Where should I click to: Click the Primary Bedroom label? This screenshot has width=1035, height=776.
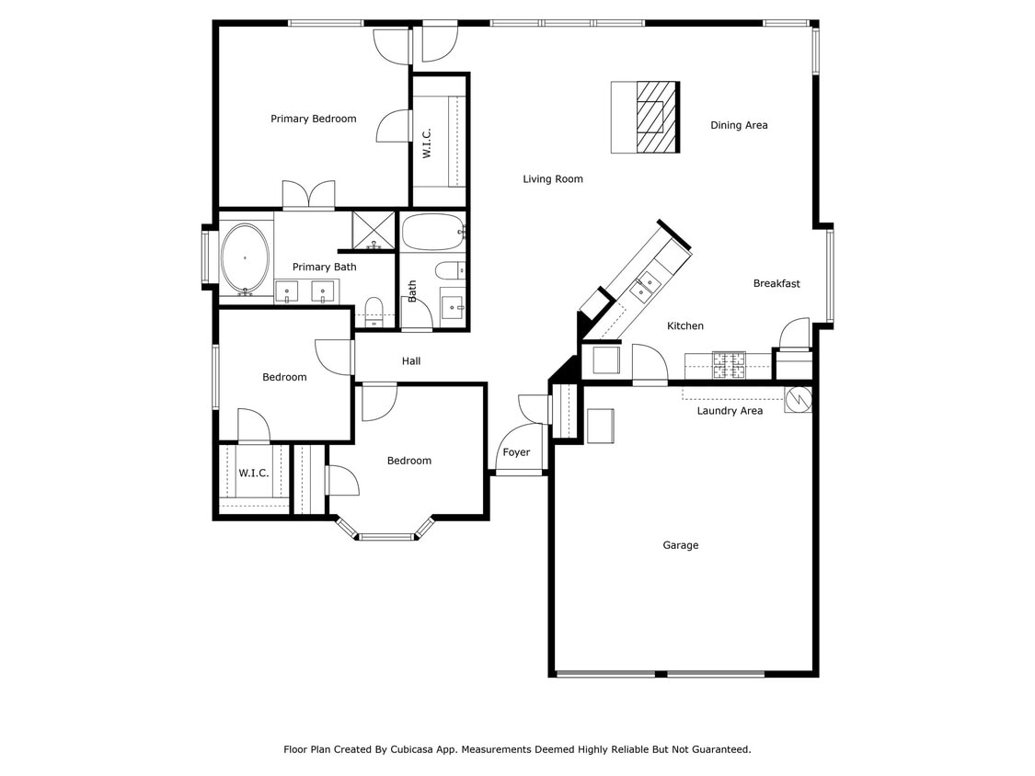pos(313,119)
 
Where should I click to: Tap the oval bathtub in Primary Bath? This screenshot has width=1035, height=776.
pos(245,258)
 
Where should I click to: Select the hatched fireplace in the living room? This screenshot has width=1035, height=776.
pos(657,117)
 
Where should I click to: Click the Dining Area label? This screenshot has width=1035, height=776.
pos(739,125)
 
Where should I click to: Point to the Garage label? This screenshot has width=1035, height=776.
pos(681,545)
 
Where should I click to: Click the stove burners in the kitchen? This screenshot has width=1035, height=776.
pos(730,365)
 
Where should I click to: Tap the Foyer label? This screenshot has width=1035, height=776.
pos(516,452)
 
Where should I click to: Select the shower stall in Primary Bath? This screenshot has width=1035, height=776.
pos(374,230)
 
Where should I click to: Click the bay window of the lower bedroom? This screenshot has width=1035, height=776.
pos(385,535)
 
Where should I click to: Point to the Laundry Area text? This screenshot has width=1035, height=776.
pos(730,411)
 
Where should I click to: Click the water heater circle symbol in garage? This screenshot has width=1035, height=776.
pos(798,399)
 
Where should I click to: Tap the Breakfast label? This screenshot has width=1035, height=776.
pos(776,283)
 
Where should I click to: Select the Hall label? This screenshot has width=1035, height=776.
pos(411,361)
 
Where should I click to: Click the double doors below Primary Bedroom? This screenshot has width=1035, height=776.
pos(308,195)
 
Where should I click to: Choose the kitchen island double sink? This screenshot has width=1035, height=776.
pos(644,285)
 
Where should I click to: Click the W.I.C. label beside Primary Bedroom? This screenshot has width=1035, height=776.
pos(427,143)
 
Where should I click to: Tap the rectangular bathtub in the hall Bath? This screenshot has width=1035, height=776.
pos(433,233)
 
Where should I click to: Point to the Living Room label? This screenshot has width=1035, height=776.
pos(553,179)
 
